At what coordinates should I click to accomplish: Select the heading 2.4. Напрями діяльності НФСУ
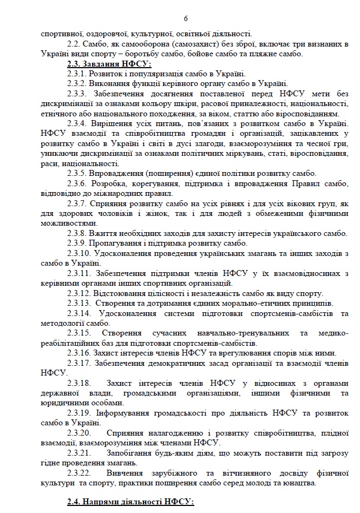(x=130, y=502)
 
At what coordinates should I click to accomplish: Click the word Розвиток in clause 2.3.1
(x=108, y=74)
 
